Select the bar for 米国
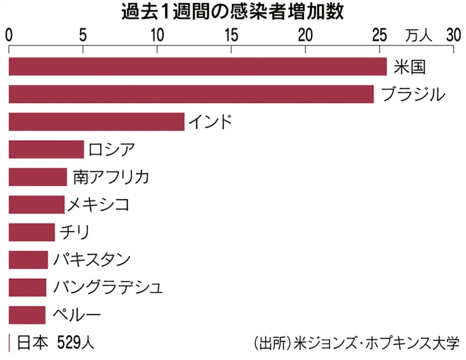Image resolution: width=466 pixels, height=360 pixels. tap(197, 67)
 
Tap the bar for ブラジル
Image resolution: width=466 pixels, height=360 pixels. tap(191, 94)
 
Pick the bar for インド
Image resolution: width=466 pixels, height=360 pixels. tap(96, 122)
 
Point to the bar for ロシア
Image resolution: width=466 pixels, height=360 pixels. tap(46, 149)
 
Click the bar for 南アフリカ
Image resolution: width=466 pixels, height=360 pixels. tap(38, 177)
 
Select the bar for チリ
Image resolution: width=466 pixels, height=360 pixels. tap(32, 232)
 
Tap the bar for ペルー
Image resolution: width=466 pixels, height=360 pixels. tap(27, 314)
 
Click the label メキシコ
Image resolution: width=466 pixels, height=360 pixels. tap(98, 204)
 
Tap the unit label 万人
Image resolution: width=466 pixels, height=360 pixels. tap(418, 36)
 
